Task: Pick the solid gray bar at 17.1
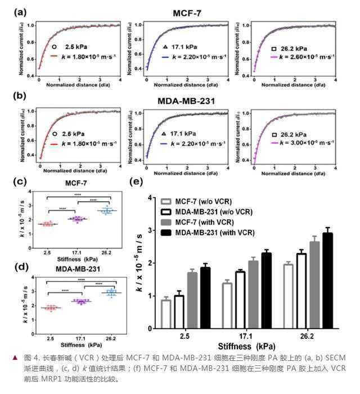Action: (253, 294)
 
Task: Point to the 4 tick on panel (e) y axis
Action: (148, 198)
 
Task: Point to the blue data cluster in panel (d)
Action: (111, 293)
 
